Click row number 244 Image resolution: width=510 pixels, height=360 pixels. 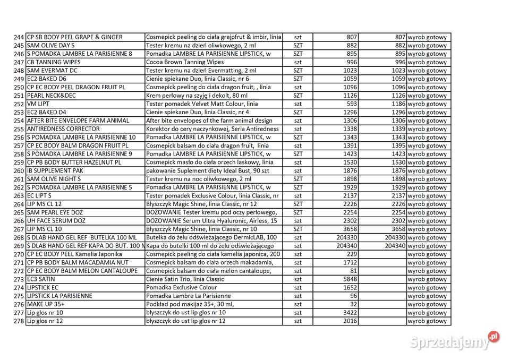[x=19, y=37]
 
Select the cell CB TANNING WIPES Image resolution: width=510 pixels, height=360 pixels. [x=54, y=62]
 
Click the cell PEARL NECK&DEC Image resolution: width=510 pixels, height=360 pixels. [x=51, y=96]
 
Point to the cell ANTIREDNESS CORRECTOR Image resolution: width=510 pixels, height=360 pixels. [x=63, y=128]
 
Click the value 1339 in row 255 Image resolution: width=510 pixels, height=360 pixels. [x=397, y=129]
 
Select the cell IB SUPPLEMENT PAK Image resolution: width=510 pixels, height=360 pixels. [x=58, y=170]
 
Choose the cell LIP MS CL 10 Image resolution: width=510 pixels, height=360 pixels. [x=44, y=229]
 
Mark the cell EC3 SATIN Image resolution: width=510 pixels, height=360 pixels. [x=41, y=279]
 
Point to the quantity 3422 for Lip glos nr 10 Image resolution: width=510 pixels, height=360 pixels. [x=349, y=313]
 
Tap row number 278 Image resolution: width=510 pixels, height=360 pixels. [x=19, y=321]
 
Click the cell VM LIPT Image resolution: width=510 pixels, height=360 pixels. [x=39, y=104]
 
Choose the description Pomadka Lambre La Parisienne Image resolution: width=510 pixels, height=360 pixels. [x=189, y=296]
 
